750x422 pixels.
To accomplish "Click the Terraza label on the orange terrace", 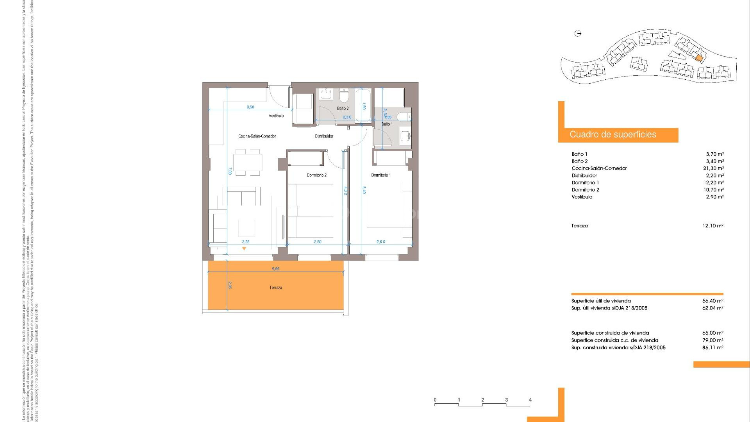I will point(275,288).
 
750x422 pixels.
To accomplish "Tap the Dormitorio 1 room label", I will point(380,175).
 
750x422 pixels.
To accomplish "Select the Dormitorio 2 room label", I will point(316,175).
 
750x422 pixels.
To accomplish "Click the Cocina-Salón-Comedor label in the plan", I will point(257,136).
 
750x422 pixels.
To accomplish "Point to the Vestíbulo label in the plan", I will point(276,116).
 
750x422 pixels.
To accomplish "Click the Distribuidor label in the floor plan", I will point(324,136).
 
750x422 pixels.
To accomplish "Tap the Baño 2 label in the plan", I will point(343,109).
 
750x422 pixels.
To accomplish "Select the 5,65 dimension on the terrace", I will point(275,269).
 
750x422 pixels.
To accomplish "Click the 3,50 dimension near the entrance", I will point(250,107).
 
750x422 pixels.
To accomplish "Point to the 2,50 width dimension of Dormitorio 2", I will point(318,242).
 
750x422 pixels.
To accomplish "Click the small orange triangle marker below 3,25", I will point(244,249).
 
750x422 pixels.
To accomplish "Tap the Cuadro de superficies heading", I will point(612,135).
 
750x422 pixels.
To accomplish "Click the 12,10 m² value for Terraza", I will point(712,226).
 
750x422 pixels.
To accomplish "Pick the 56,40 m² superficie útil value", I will point(712,301).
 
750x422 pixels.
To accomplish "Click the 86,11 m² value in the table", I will point(712,347).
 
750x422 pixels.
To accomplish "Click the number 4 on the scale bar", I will point(530,400).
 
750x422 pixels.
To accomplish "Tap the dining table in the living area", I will point(248,162).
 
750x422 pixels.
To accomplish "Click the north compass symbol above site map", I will point(578,34).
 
